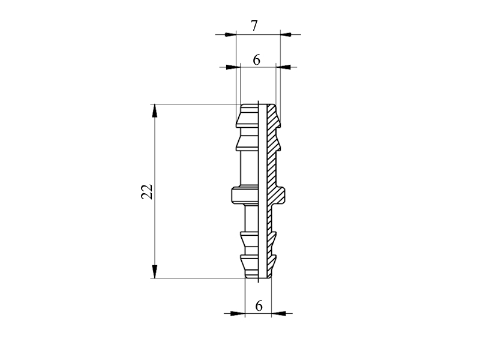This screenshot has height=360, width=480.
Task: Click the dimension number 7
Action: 254,26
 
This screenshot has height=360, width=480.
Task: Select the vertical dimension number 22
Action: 147,191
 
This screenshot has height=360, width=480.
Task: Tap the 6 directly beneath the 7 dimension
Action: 257,60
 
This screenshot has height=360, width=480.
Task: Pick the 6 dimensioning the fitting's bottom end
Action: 259,305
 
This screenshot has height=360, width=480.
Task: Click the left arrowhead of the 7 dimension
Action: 230,34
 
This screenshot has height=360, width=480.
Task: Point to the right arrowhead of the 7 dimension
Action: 286,34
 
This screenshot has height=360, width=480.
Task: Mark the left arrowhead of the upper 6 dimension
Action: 233,67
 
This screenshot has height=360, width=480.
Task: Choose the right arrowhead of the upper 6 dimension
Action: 283,67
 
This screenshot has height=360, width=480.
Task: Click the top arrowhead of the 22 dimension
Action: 155,110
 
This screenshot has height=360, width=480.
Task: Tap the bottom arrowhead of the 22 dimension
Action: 155,272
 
